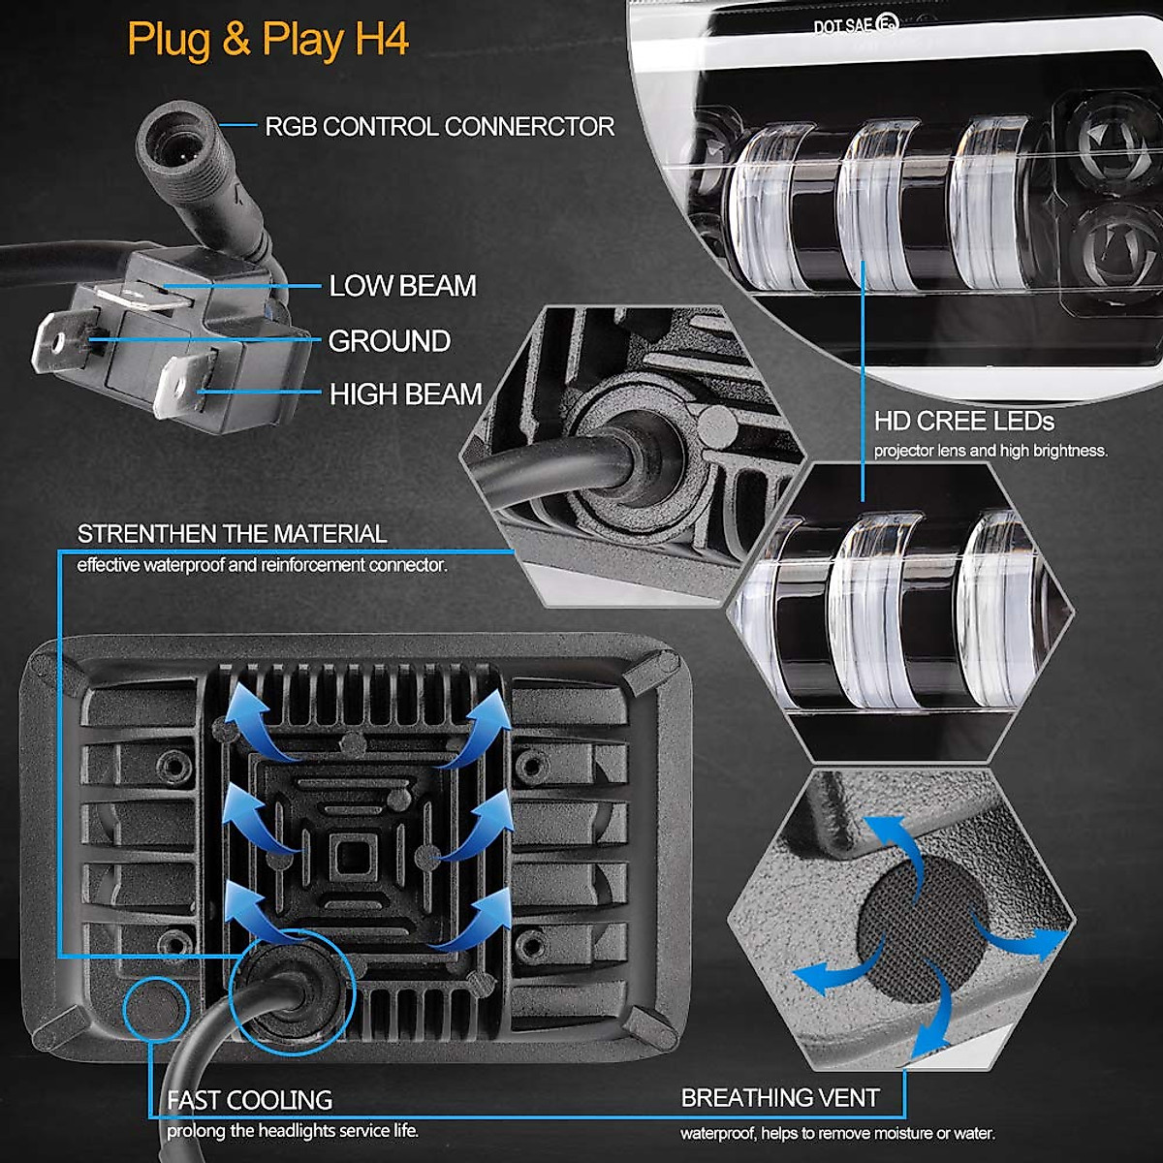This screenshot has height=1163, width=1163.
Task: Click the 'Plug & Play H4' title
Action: click(x=267, y=41)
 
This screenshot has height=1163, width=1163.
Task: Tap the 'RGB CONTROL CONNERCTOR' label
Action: click(x=439, y=127)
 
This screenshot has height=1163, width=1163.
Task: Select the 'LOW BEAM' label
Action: click(x=402, y=286)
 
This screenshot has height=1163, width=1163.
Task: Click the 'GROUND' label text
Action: click(x=389, y=341)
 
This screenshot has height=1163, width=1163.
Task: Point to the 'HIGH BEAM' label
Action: click(x=405, y=394)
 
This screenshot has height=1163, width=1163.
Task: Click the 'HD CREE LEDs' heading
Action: click(x=963, y=422)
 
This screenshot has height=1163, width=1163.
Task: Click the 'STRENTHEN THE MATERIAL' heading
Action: click(x=232, y=534)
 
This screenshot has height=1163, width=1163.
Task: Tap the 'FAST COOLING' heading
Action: click(x=249, y=1100)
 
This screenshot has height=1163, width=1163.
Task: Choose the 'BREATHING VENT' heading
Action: click(x=780, y=1098)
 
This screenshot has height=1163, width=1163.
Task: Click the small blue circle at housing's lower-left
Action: click(x=155, y=1008)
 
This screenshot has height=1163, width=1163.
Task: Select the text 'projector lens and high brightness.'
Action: click(x=990, y=451)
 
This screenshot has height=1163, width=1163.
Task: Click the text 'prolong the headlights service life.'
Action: click(x=293, y=1131)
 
